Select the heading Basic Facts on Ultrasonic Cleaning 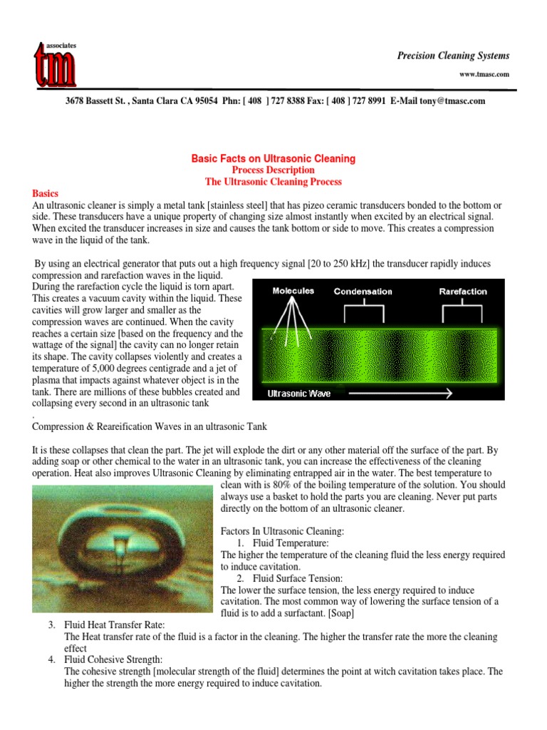click(273, 158)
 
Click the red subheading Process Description click(273, 170)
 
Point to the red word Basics click(46, 194)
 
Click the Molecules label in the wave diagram click(294, 292)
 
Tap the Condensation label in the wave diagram click(366, 292)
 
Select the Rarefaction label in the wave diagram click(463, 292)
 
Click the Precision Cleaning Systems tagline click(453, 56)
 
